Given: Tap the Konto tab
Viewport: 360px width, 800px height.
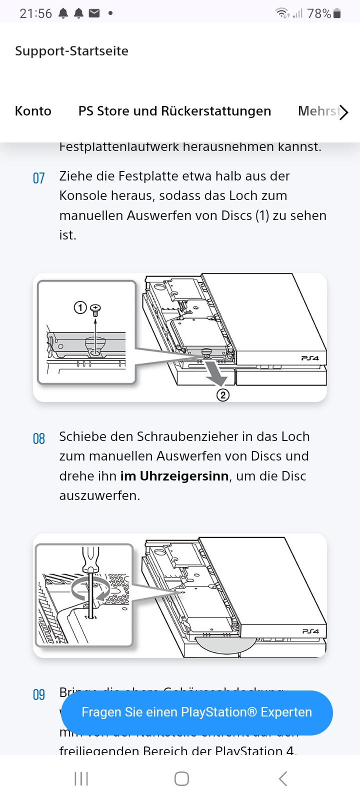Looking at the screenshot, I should click(33, 111).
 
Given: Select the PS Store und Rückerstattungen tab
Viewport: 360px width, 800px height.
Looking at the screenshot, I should click(174, 111).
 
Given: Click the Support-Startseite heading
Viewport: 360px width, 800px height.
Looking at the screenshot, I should click(71, 51).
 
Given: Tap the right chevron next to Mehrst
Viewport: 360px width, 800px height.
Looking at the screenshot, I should click(343, 112).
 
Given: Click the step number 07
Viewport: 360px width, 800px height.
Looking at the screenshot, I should click(38, 178).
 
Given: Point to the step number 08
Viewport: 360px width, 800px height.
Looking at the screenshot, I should click(38, 438).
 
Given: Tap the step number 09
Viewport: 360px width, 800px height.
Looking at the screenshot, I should click(38, 694).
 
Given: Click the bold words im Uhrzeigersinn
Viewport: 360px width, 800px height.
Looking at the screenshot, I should click(174, 476).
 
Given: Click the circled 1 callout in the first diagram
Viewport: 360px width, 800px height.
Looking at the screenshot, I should click(80, 307).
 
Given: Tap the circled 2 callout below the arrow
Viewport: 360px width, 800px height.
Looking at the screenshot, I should click(222, 395).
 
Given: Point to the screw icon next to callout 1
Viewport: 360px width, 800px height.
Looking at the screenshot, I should click(95, 309).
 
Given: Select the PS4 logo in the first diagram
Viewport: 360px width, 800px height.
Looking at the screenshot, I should click(310, 358).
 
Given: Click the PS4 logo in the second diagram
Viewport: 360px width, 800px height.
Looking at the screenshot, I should click(310, 631).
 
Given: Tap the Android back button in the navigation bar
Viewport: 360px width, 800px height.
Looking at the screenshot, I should click(282, 778).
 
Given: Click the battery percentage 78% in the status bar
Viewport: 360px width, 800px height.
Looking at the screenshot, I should click(319, 13).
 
